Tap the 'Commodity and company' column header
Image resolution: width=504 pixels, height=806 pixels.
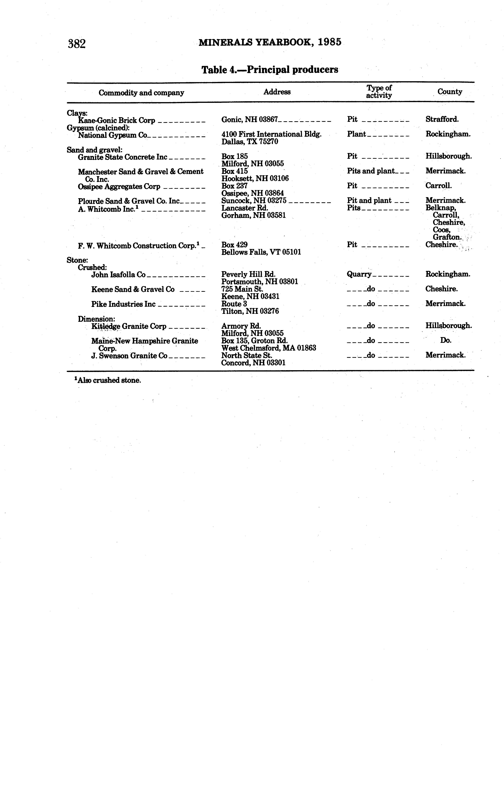[x=141, y=93]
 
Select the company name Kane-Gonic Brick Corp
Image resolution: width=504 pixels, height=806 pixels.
[x=117, y=121]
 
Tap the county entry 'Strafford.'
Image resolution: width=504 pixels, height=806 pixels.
[x=442, y=119]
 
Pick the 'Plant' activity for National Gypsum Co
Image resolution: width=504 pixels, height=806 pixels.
[x=356, y=134]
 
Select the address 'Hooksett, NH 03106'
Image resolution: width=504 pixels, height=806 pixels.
[x=255, y=178]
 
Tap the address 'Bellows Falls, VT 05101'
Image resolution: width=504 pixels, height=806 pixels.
[x=261, y=252]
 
